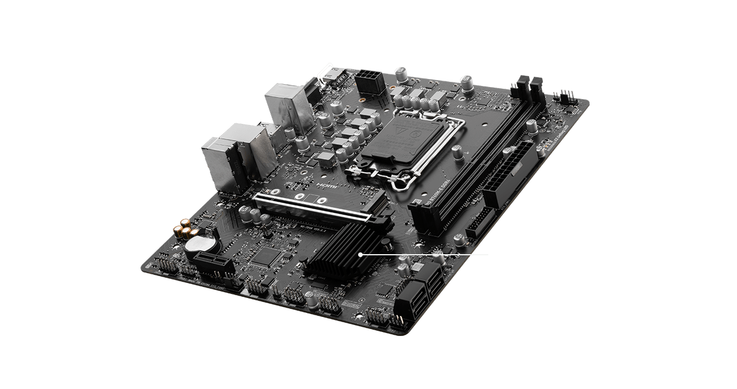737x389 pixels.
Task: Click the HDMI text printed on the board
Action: pos(326,186)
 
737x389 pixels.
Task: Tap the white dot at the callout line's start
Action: pos(360,254)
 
